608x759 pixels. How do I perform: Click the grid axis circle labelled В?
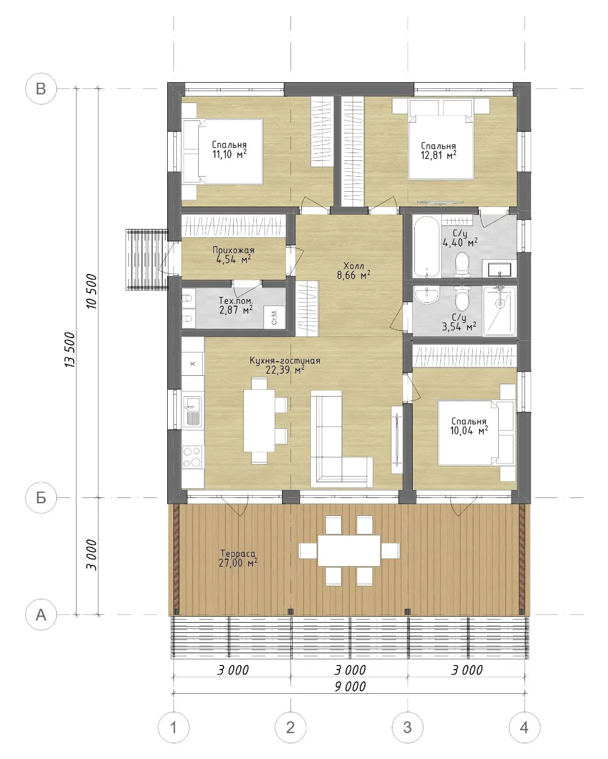tap(41, 88)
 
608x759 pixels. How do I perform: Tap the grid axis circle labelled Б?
tap(41, 497)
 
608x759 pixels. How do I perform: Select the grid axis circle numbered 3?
tap(408, 727)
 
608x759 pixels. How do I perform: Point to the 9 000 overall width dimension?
tap(350, 686)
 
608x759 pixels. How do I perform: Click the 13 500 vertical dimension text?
tap(70, 349)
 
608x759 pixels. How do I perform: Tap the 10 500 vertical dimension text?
tap(91, 291)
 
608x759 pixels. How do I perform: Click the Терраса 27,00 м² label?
tap(238, 558)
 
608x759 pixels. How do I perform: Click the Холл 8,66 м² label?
tap(354, 271)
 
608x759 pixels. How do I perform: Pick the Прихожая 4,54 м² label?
tap(234, 255)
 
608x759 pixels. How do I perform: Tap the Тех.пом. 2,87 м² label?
tap(236, 306)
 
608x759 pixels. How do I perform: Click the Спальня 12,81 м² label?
tap(439, 151)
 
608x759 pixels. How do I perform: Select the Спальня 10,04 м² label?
tap(469, 426)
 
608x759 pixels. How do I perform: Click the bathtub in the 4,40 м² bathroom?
tap(427, 246)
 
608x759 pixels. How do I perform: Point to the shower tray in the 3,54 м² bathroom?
tap(499, 311)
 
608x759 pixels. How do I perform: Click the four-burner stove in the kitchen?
tap(193, 457)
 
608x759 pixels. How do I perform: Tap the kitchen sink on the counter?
tap(193, 412)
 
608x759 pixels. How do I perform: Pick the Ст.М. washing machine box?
tap(275, 317)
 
